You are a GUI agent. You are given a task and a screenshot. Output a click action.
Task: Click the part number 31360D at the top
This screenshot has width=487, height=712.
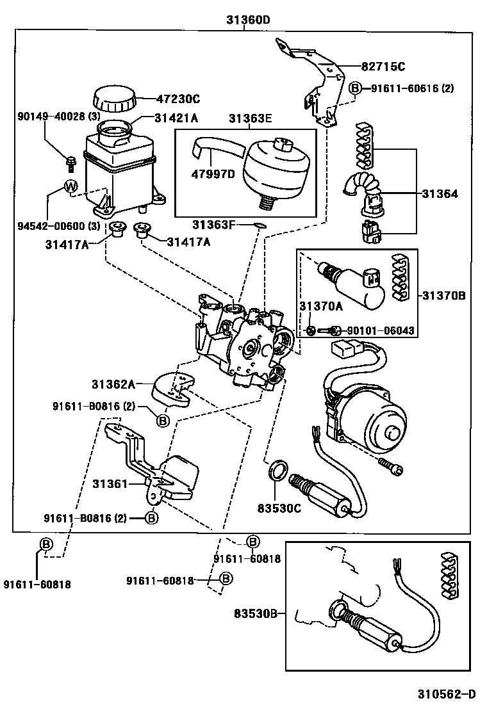[x=247, y=20]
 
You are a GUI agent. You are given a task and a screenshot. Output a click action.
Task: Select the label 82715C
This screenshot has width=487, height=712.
[x=383, y=67]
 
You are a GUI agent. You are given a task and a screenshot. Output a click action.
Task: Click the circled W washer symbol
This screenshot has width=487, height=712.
[x=70, y=187]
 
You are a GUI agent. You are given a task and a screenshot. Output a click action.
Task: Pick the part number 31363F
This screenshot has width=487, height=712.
[x=215, y=224]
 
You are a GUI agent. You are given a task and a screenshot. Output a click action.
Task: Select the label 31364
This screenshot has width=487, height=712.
[x=440, y=193]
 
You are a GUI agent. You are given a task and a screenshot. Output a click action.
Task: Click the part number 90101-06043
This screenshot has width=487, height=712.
[x=381, y=330]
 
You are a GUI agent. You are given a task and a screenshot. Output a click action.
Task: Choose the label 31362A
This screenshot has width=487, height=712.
[x=113, y=384]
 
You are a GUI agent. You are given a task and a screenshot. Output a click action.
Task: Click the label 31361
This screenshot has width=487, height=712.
[x=110, y=483]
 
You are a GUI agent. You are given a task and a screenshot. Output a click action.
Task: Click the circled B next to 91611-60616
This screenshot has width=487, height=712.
[x=356, y=88]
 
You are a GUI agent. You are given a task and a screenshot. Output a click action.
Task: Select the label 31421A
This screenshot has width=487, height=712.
[x=176, y=118]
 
